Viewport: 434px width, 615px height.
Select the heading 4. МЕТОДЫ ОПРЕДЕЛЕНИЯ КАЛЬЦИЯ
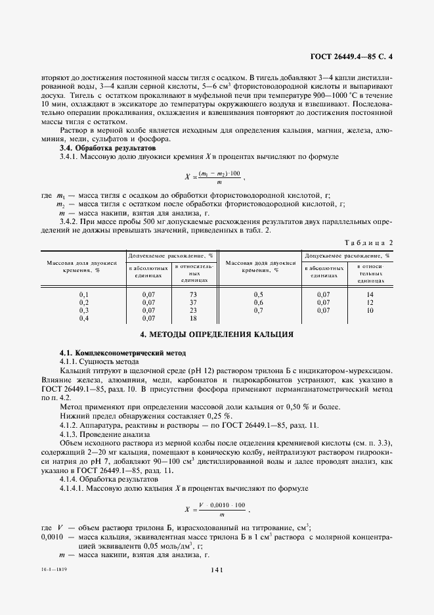pos(217,334)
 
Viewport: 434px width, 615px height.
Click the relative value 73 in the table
pos(193,294)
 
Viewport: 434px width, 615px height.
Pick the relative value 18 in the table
pos(193,318)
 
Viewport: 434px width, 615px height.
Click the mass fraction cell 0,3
pos(83,310)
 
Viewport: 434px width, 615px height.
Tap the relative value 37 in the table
pos(193,302)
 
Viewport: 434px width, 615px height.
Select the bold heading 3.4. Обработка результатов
pos(100,149)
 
